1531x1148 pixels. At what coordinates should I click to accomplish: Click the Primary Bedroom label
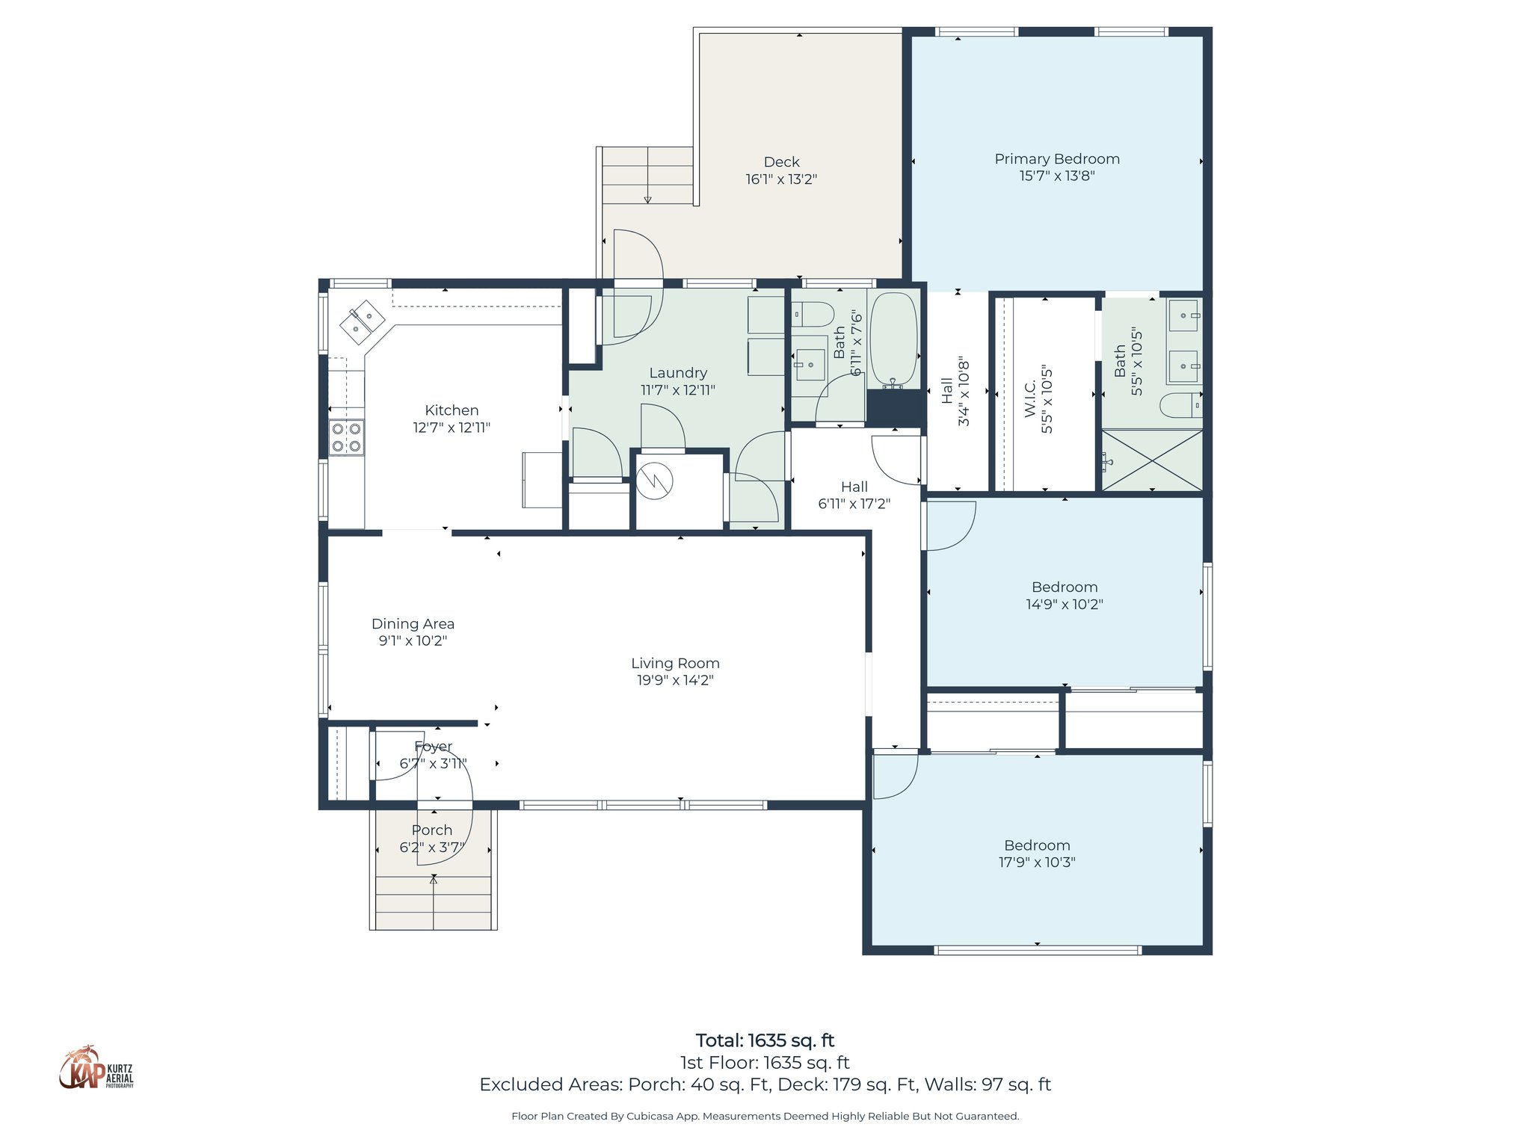pos(1056,158)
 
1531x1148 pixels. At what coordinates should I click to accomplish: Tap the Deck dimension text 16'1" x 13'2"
pos(781,179)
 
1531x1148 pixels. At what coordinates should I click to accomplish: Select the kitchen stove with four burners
pos(347,438)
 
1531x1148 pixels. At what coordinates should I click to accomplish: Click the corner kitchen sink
pos(363,321)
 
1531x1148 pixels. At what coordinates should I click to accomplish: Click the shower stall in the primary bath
pos(1152,460)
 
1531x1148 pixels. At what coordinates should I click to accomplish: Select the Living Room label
pos(675,663)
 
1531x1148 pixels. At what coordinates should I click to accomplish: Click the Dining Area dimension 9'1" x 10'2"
pos(413,641)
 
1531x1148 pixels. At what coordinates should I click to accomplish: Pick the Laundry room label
pos(678,372)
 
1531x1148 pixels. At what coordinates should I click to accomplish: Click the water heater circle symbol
pos(655,481)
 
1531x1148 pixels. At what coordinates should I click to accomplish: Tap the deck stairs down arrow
pos(647,199)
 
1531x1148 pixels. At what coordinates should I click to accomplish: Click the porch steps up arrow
pos(434,881)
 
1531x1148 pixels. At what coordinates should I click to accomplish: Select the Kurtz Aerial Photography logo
pos(96,1068)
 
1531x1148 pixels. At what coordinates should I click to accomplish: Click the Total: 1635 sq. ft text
pos(765,1040)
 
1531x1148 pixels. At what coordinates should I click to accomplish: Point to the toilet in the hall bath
pos(812,315)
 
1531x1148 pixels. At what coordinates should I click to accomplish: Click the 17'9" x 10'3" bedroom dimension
pos(1037,862)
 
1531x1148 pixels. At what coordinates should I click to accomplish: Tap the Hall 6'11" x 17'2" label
pos(854,495)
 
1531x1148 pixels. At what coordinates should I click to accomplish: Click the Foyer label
pos(434,747)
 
